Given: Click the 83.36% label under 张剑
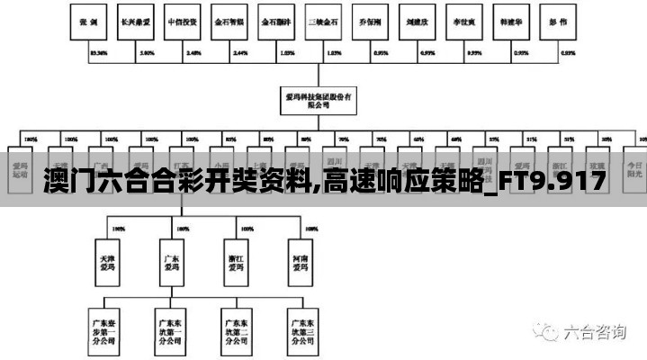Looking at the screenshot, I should tap(99, 53).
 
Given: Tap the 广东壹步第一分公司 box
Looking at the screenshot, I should tap(106, 329).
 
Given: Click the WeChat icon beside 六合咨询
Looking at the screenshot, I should tap(547, 331).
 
